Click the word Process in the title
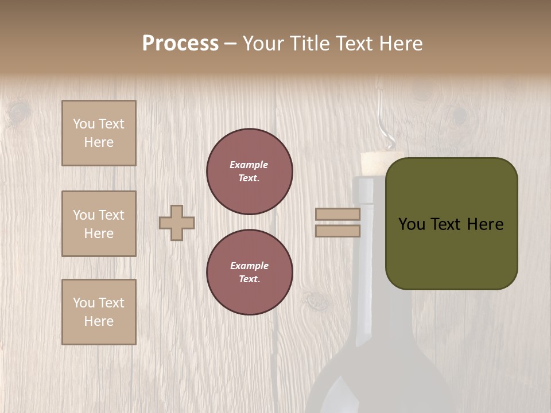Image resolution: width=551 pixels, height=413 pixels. pyautogui.click(x=180, y=44)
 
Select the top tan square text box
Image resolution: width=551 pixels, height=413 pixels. pyautogui.click(x=99, y=133)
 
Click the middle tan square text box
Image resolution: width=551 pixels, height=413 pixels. pyautogui.click(x=99, y=224)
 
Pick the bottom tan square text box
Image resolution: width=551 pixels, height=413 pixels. pyautogui.click(x=99, y=312)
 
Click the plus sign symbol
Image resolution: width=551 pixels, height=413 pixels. pyautogui.click(x=177, y=223)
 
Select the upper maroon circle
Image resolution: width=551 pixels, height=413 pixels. pyautogui.click(x=249, y=171)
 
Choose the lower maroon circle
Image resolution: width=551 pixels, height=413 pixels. pyautogui.click(x=249, y=272)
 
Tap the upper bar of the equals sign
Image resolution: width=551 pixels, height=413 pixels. pyautogui.click(x=337, y=215)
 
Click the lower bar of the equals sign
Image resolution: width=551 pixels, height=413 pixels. pyautogui.click(x=337, y=231)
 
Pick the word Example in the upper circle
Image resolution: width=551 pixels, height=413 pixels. pyautogui.click(x=249, y=165)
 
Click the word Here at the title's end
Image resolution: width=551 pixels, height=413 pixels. pyautogui.click(x=401, y=44)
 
